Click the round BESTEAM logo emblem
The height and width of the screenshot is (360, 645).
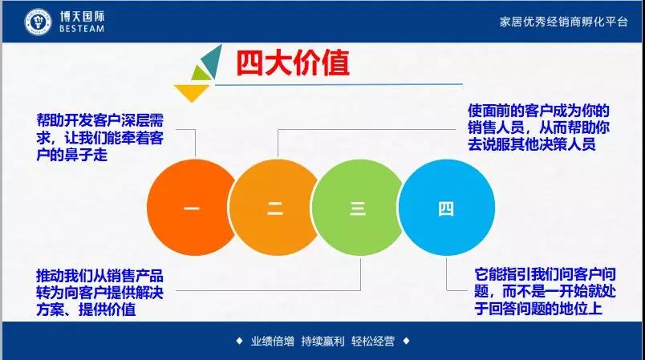click(38, 22)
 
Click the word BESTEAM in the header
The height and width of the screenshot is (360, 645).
click(82, 29)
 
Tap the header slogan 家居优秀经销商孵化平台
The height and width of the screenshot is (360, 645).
click(563, 22)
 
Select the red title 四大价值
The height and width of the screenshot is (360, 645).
click(293, 63)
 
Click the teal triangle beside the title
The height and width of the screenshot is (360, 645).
click(213, 61)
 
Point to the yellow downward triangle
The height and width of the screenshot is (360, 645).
click(192, 92)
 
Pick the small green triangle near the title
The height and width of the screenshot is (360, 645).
click(201, 74)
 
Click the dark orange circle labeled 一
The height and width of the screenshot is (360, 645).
click(191, 208)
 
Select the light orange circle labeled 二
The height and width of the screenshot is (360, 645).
click(274, 208)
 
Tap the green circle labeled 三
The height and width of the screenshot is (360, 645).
click(358, 208)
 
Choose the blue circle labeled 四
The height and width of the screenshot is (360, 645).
click(446, 208)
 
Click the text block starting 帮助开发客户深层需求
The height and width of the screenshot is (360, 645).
click(100, 138)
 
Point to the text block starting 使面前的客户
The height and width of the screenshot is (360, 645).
click(538, 127)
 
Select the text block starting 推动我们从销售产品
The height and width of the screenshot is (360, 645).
click(100, 292)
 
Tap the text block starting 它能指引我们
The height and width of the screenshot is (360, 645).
click(545, 291)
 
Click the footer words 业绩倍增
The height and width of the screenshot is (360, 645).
click(273, 341)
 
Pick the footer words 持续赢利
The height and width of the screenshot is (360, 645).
click(323, 341)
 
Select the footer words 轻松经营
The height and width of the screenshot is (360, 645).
click(373, 341)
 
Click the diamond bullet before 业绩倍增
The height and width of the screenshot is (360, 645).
click(239, 341)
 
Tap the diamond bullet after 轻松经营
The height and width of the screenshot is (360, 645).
click(407, 341)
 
